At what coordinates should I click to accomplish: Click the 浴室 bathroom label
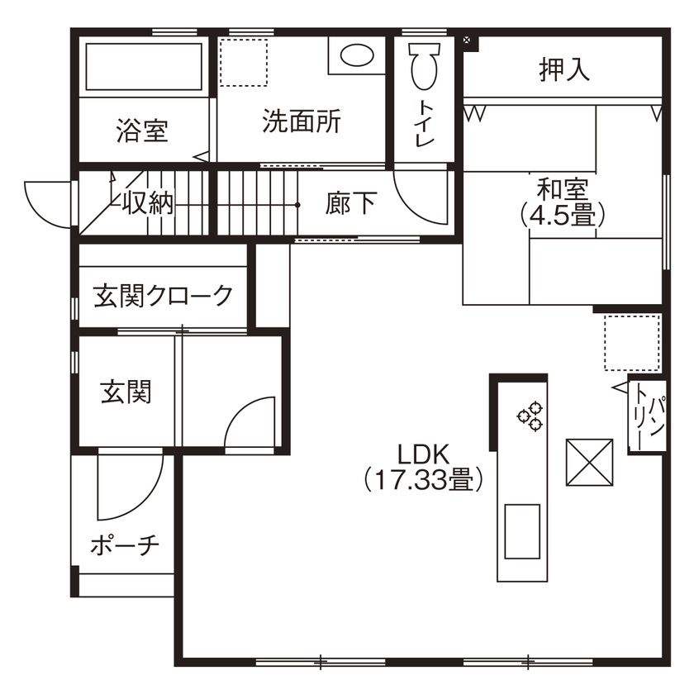pyautogui.click(x=142, y=131)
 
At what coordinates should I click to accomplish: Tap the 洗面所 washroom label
pyautogui.click(x=301, y=121)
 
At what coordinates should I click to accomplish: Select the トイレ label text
pyautogui.click(x=425, y=124)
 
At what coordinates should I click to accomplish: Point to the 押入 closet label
pyautogui.click(x=565, y=70)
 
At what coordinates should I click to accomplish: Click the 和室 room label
pyautogui.click(x=563, y=187)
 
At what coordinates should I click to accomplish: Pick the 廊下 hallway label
pyautogui.click(x=351, y=203)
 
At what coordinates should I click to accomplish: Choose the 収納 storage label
pyautogui.click(x=149, y=203)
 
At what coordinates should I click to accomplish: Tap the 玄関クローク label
pyautogui.click(x=163, y=295)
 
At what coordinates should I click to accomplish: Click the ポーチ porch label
pyautogui.click(x=124, y=545)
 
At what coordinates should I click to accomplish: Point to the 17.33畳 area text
pyautogui.click(x=424, y=480)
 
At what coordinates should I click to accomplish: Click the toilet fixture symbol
pyautogui.click(x=424, y=66)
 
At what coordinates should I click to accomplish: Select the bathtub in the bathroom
pyautogui.click(x=145, y=66)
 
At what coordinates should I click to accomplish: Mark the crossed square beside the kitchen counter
pyautogui.click(x=589, y=463)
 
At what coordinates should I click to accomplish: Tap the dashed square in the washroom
pyautogui.click(x=245, y=62)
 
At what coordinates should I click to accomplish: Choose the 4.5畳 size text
pyautogui.click(x=563, y=215)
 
